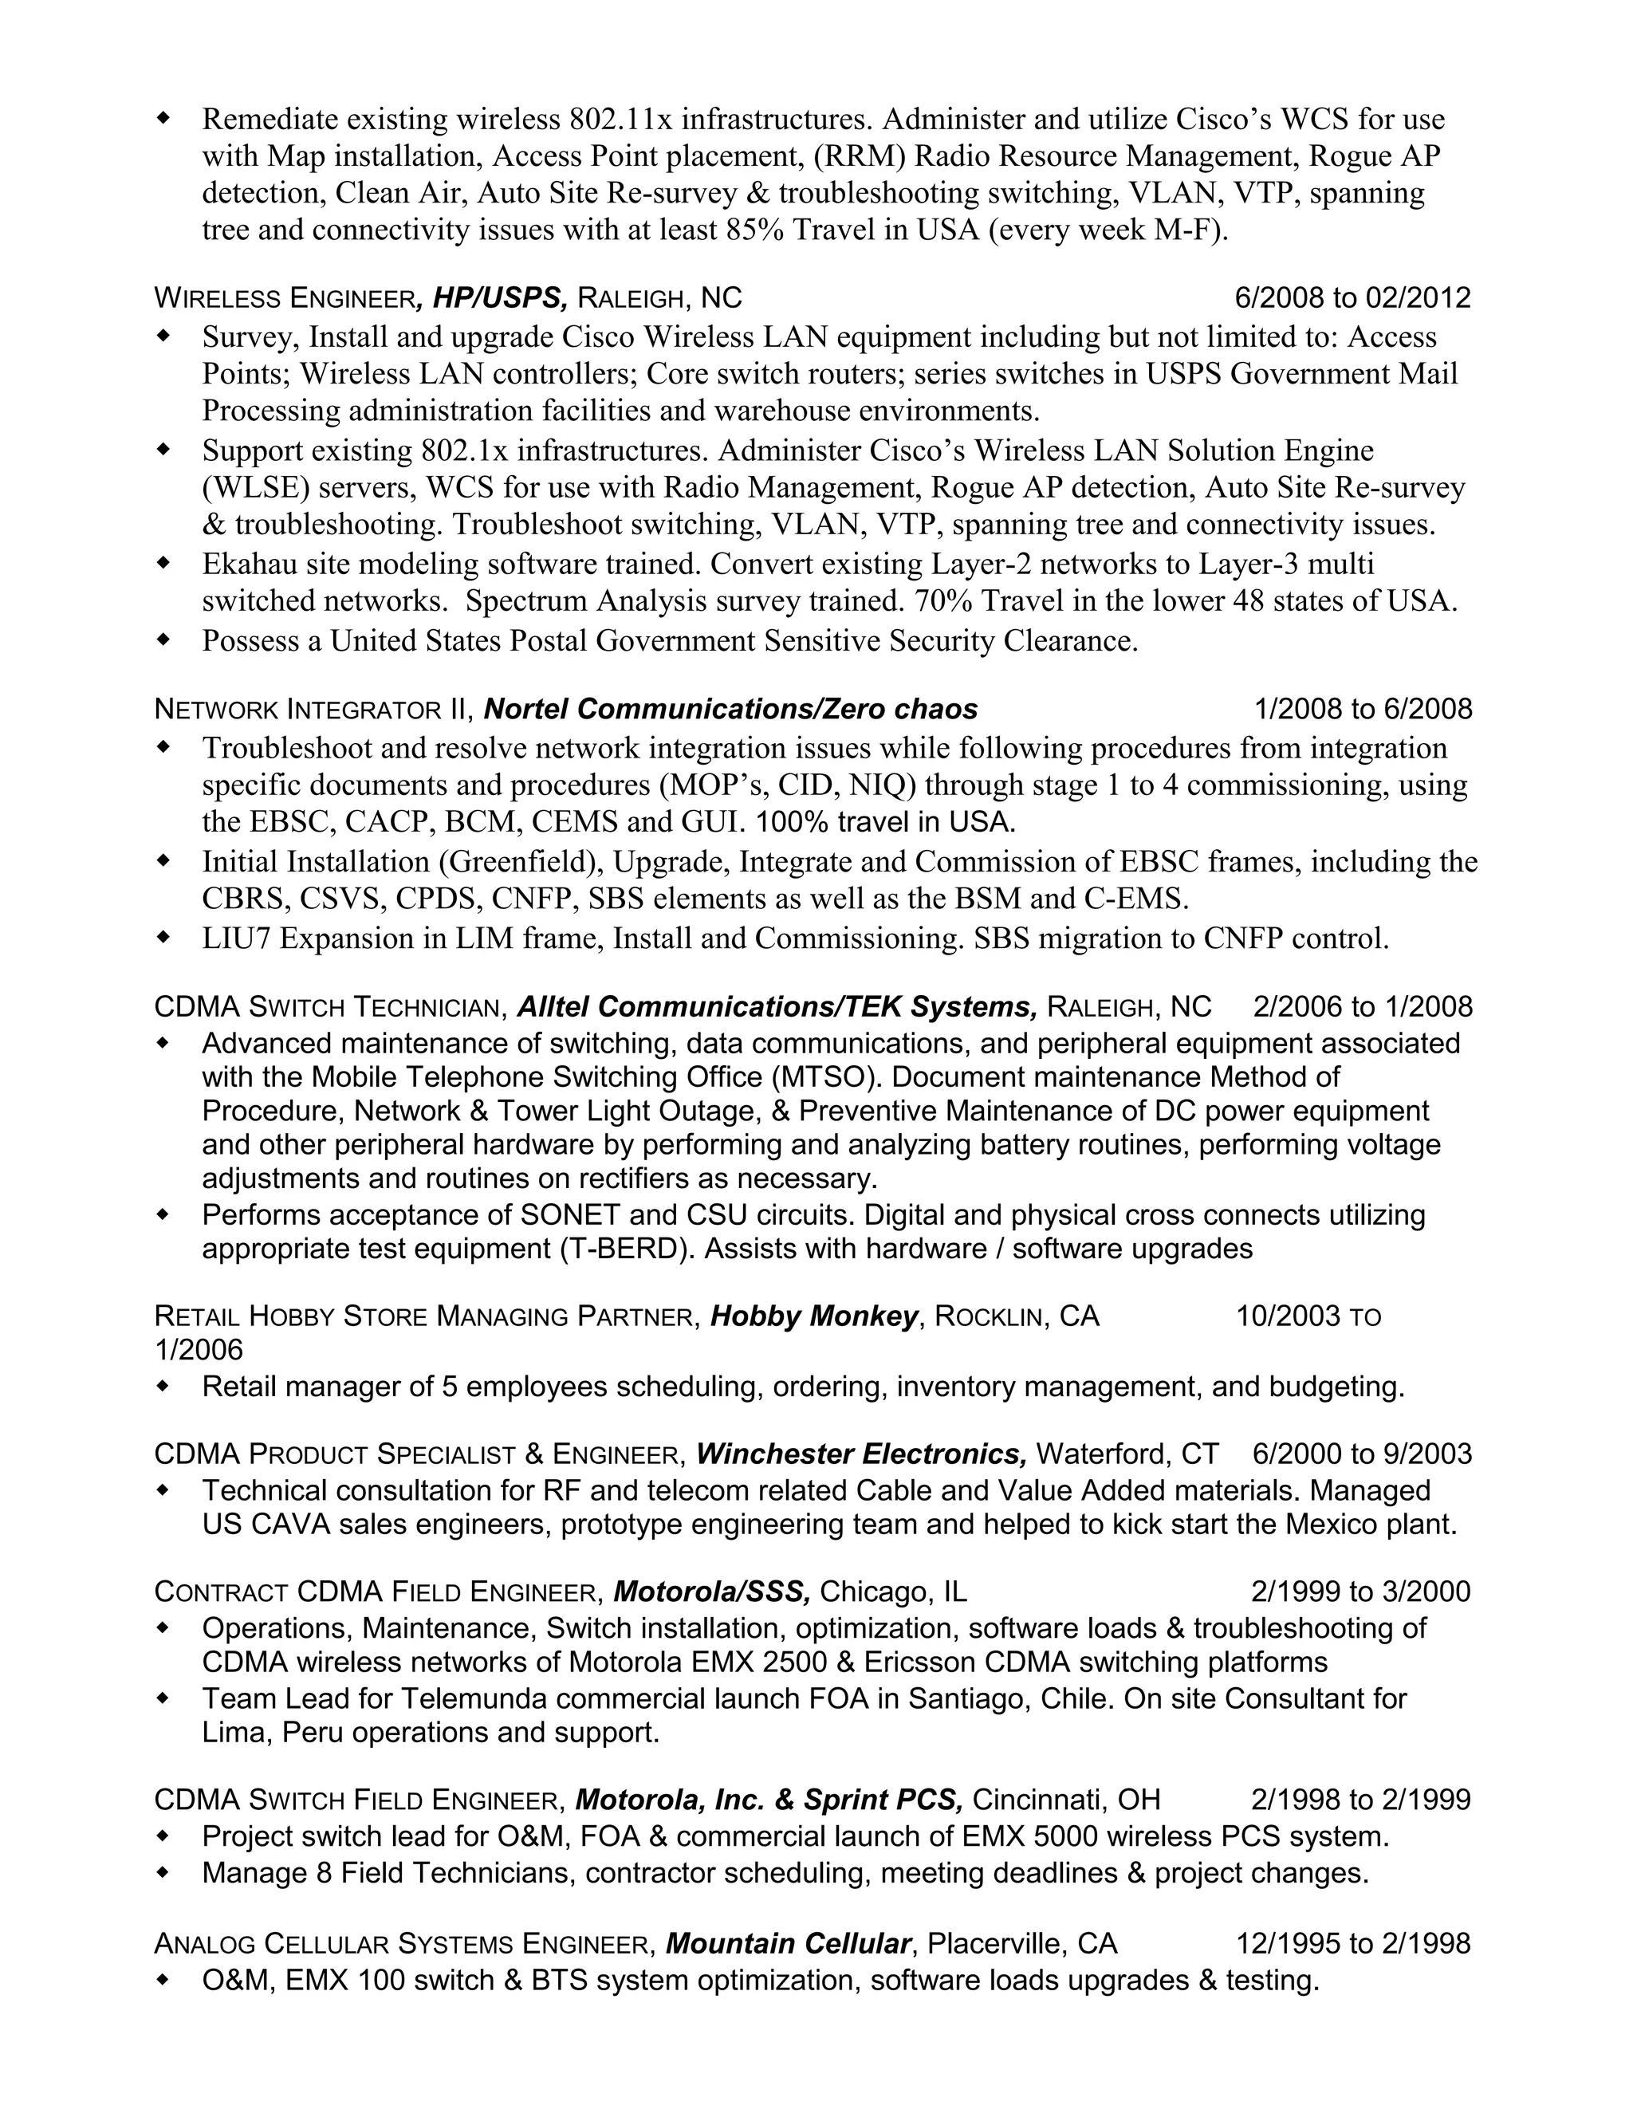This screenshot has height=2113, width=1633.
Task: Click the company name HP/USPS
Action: (499, 297)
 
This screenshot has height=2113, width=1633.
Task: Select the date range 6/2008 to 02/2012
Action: (1352, 297)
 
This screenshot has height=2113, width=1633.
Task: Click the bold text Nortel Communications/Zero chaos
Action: (730, 709)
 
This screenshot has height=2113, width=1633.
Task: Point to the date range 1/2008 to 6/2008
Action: (1363, 709)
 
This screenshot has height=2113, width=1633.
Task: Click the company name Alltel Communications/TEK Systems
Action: (777, 1007)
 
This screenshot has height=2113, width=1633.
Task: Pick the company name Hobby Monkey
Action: (813, 1316)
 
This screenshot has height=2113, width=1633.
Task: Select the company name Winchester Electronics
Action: (861, 1454)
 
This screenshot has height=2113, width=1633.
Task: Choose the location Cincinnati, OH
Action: (1066, 1800)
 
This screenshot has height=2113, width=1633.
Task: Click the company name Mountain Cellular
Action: (789, 1944)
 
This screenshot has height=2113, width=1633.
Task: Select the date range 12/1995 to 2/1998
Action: (1353, 1944)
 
